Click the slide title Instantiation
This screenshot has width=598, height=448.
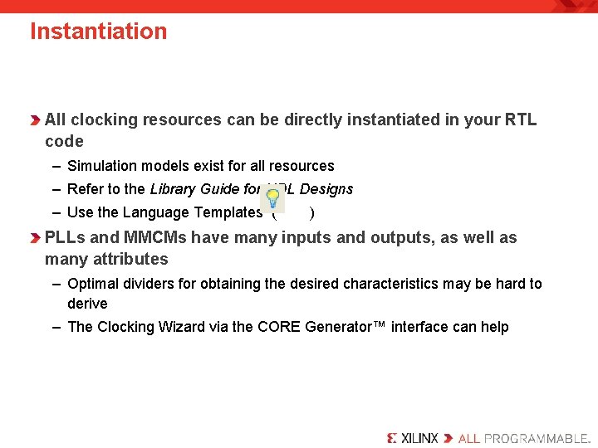(x=98, y=32)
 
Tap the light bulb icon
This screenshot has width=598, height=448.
(x=272, y=199)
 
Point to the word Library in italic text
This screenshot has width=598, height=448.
(x=177, y=189)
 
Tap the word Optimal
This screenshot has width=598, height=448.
(x=93, y=284)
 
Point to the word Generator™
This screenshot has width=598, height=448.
(x=339, y=327)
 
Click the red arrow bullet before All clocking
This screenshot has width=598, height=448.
(x=35, y=120)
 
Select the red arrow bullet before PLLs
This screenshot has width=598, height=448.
(x=35, y=238)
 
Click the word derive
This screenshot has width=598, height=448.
(x=87, y=304)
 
